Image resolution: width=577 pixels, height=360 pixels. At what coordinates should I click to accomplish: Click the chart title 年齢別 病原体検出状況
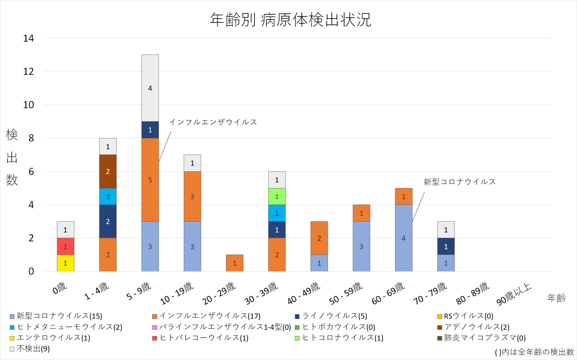click(x=290, y=20)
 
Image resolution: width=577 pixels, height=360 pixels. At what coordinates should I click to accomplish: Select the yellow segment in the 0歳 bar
click(x=65, y=263)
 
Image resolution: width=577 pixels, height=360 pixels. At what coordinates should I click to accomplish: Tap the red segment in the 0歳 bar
click(x=65, y=246)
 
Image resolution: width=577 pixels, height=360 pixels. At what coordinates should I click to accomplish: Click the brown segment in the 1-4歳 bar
click(x=108, y=171)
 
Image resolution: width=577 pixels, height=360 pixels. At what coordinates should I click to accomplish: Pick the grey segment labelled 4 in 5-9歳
click(x=150, y=88)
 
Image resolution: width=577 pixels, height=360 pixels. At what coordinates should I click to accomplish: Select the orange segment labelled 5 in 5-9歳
click(x=150, y=180)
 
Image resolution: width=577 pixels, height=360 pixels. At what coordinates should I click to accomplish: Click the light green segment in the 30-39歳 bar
click(x=277, y=196)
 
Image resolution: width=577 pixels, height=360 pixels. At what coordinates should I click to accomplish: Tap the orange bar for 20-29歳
click(x=234, y=263)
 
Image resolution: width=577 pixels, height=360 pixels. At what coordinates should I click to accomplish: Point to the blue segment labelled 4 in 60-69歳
click(x=403, y=238)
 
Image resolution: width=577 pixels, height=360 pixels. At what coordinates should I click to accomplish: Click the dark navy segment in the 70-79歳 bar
click(x=446, y=246)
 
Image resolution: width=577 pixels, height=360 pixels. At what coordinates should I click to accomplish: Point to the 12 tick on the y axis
click(x=28, y=72)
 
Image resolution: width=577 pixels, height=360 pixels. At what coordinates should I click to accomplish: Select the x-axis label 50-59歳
click(x=346, y=294)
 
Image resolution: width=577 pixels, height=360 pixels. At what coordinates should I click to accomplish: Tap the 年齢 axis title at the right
click(x=556, y=298)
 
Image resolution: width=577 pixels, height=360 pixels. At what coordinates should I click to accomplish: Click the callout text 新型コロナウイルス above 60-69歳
click(x=459, y=182)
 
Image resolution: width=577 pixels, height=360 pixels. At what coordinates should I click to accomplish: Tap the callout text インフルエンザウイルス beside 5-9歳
click(x=213, y=122)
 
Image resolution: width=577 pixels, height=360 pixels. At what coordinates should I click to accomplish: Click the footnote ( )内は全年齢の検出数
click(x=534, y=352)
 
